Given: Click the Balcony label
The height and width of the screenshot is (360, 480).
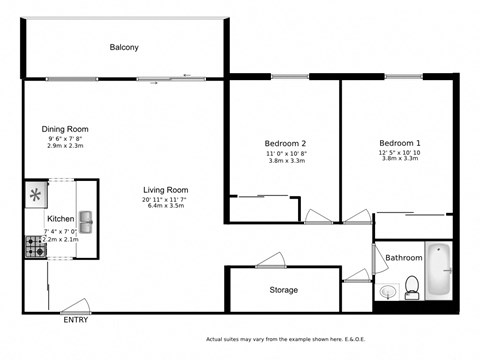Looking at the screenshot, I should coord(124,47).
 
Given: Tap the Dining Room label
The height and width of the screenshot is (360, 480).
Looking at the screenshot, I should coord(65,129).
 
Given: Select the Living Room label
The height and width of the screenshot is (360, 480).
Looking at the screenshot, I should coord(166,190).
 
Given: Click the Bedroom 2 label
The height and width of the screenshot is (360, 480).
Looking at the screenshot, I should coord(285,143).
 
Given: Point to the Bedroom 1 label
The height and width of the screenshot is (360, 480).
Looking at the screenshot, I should coord(399,143).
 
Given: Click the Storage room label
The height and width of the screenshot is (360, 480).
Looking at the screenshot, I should coord(284,290).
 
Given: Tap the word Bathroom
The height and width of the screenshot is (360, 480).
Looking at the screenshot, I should coord(404,258).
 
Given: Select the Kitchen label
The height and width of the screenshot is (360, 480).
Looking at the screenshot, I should coord(60,219).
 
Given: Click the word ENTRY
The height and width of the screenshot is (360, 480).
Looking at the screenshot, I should coord(74,321).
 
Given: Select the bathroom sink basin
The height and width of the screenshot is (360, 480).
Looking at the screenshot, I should coord(387,293).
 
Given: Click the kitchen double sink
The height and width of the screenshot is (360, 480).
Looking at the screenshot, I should coord(85,219).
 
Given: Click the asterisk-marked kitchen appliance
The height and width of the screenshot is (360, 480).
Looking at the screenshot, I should coord(36,194).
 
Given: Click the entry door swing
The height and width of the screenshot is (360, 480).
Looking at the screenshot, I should coord(72,308).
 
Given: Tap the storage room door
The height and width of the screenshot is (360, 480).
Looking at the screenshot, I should coord(271,263).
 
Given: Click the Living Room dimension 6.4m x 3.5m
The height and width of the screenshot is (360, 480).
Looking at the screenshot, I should coord(166,207).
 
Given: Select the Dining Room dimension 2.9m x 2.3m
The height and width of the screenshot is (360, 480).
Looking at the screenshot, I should coord(65,146).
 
